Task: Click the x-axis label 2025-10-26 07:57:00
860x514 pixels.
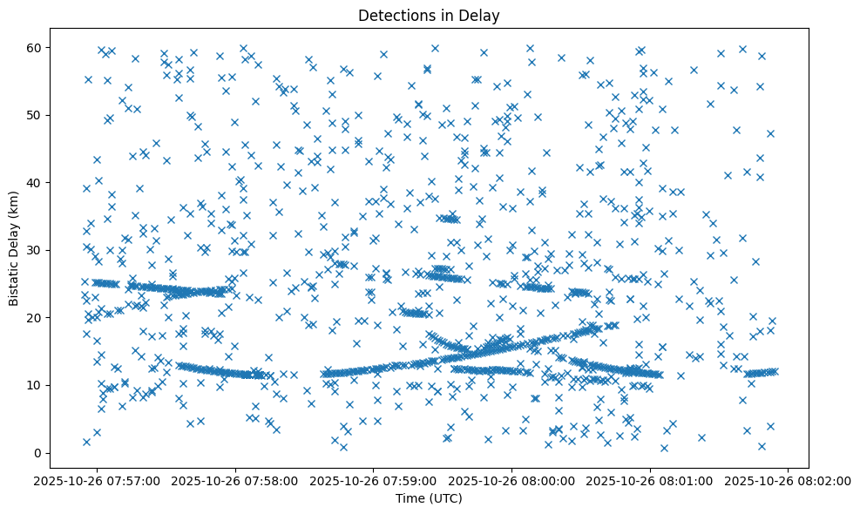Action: pos(97,480)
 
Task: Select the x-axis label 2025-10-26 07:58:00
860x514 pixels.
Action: pos(235,480)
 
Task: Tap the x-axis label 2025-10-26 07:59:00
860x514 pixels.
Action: pos(374,480)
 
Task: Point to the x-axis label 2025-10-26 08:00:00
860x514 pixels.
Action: pos(512,480)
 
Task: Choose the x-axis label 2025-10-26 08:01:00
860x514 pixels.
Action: pos(650,480)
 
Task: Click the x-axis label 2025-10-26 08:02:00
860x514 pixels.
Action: pos(789,480)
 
